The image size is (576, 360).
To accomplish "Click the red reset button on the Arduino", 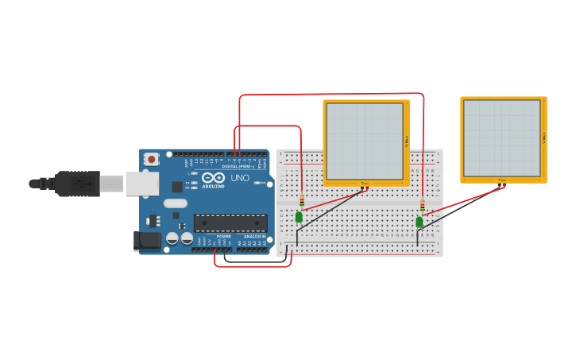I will coord(151,159).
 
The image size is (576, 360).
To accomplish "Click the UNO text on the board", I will coord(240,178).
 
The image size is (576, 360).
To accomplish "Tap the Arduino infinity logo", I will coord(213,178).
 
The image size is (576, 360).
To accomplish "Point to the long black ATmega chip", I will coord(230,223).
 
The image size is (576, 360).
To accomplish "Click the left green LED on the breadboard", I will coord(299,217).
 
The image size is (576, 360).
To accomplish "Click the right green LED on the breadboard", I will coord(419,222).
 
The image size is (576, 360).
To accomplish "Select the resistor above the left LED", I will coord(302,199).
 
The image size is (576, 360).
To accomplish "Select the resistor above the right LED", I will coord(422,206).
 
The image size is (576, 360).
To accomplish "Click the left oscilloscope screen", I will coord(365,141).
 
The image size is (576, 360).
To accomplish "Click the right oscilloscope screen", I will coord(501,137).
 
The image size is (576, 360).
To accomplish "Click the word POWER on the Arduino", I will coord(224,236).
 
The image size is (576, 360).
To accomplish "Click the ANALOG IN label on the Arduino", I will coord(255,236).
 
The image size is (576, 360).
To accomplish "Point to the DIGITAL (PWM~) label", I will coord(238,166).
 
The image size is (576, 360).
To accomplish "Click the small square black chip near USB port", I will coord(177,187).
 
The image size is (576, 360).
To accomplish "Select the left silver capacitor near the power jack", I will coord(172,238).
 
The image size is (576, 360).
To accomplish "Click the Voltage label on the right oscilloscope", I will coord(544,137).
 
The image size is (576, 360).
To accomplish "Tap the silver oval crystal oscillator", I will coord(176,203).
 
